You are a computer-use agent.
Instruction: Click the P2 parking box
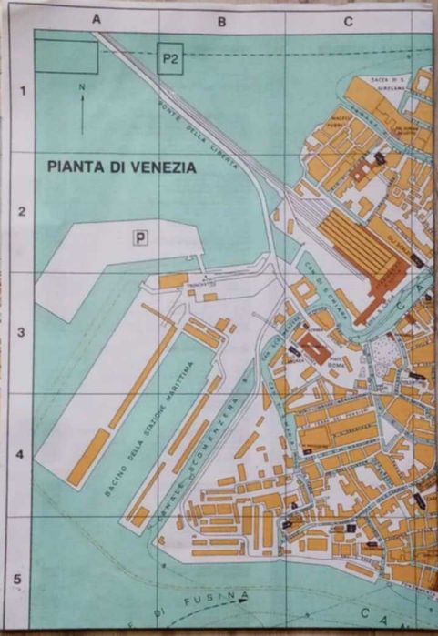coord(168,59)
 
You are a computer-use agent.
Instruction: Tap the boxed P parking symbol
coord(140,238)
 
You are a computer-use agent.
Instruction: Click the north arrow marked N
coord(82,108)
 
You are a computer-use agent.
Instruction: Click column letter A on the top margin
coord(96,19)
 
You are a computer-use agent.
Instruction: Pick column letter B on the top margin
coord(221,19)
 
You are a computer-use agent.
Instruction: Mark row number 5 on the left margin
coord(20,575)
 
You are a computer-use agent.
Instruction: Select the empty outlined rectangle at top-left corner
coord(65,56)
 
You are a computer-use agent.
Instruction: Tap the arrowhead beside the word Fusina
coord(241,597)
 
